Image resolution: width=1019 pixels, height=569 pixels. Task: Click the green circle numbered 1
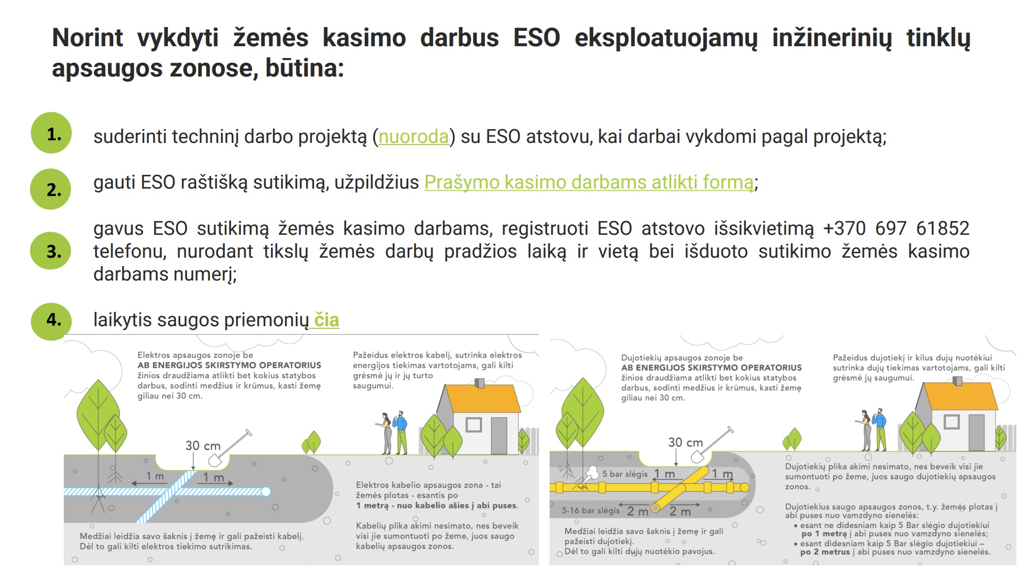tap(52, 133)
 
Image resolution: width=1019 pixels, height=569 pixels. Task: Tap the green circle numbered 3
tap(51, 251)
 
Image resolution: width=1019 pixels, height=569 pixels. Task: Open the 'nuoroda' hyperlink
tap(414, 137)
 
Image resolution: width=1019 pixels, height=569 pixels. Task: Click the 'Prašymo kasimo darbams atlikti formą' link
tap(589, 182)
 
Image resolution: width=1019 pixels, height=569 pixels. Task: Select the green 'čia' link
tap(326, 320)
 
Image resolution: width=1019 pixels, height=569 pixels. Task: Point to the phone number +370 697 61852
tap(896, 228)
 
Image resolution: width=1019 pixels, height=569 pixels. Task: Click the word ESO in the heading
tap(536, 38)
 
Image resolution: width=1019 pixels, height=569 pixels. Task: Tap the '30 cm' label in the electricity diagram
tap(203, 445)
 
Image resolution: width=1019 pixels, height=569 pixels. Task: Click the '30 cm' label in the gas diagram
tap(685, 442)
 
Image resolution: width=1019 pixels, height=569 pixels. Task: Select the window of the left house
tap(473, 424)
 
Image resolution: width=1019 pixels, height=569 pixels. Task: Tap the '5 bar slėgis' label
tap(625, 474)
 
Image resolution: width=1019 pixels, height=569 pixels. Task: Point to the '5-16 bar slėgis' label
tap(591, 511)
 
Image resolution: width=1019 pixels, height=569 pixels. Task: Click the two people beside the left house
tap(392, 432)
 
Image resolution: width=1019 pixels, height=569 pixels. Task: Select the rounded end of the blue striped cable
tap(266, 491)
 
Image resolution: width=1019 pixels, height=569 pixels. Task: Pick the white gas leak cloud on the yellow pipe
tap(591, 472)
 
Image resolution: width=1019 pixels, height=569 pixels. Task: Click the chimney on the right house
tap(957, 380)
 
